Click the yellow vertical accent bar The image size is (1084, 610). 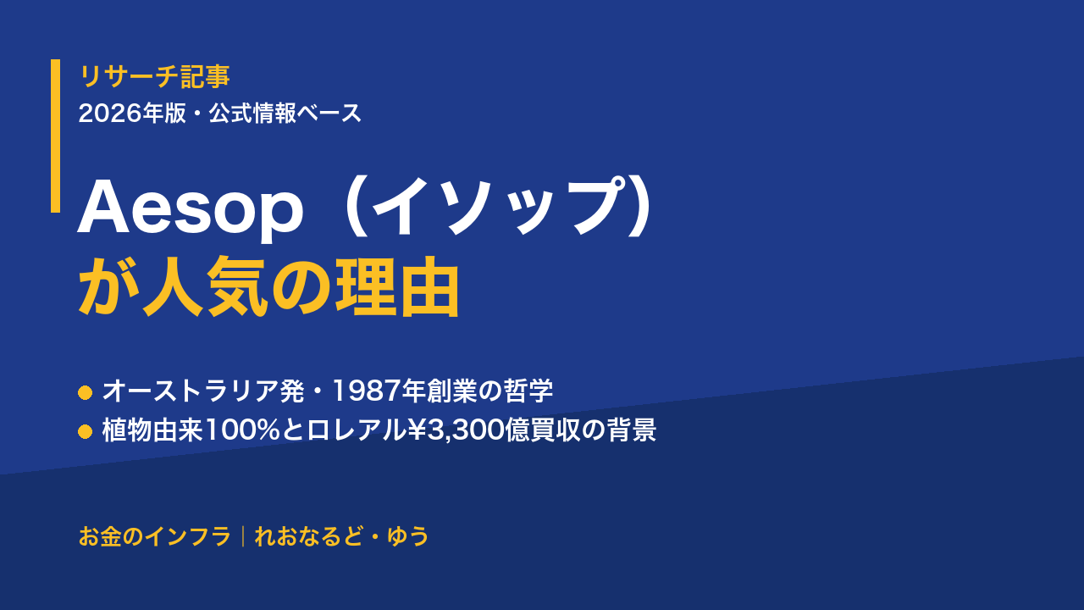pos(56,136)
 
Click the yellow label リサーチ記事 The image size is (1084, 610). pos(154,76)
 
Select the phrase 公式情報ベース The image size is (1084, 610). pos(285,114)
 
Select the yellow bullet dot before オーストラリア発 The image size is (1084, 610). pos(86,392)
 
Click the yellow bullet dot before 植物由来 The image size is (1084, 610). pos(86,432)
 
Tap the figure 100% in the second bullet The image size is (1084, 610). pos(243,430)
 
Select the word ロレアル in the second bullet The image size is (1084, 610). pos(357,430)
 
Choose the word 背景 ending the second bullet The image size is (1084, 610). pos(632,430)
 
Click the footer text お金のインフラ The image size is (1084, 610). pos(155,536)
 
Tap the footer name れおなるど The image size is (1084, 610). pos(308,536)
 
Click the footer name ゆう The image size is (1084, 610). pos(408,536)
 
